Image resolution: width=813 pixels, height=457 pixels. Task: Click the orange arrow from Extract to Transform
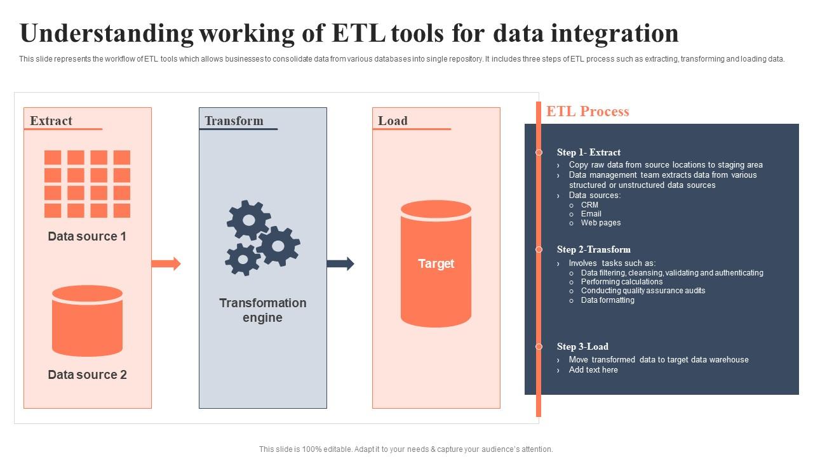coord(166,263)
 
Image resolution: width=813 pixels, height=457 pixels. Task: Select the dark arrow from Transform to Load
coord(340,264)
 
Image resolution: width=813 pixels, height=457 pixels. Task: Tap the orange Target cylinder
coord(436,263)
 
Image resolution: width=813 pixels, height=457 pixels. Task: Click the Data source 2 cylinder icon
coord(87,321)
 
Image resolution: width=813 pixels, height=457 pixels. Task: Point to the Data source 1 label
coord(87,236)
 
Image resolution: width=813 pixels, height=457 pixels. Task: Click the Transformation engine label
coord(263,310)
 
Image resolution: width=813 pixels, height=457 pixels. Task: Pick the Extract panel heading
coord(51,121)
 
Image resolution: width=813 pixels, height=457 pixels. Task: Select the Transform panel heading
coord(234,121)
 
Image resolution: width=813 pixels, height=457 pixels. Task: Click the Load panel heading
coord(393,121)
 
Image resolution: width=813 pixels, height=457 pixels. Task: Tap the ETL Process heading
coord(588,112)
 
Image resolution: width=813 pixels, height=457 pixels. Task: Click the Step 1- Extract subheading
coord(589,152)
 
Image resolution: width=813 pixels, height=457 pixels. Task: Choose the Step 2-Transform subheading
coord(594,249)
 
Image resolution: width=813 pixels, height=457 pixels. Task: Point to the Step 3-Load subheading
coord(582,347)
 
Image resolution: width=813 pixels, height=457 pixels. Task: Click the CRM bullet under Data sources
coord(589,205)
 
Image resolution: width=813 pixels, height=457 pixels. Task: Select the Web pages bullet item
coord(601,223)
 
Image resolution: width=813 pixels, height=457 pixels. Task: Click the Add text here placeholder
coord(593,370)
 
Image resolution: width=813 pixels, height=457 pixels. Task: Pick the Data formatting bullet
coord(608,300)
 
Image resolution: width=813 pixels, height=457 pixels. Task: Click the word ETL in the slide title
coord(359,33)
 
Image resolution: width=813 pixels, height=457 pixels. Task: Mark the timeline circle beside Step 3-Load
coord(539,347)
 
